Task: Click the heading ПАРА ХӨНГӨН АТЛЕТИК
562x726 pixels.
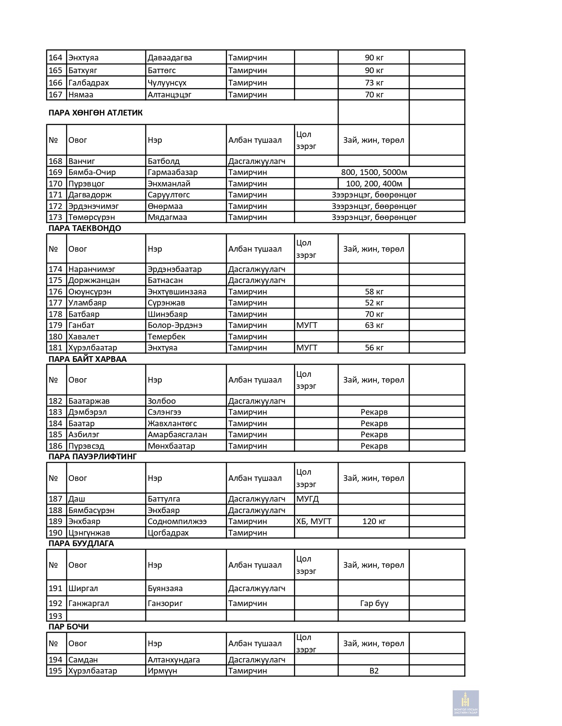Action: [96, 113]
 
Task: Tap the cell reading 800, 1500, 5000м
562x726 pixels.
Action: [374, 172]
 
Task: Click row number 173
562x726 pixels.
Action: [56, 217]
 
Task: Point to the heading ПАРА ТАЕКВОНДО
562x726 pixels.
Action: [85, 228]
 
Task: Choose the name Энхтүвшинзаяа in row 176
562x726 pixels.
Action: [177, 292]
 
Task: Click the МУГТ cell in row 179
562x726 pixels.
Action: [307, 325]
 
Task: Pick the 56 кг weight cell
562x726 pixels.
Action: [374, 348]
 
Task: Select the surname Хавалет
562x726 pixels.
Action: [84, 337]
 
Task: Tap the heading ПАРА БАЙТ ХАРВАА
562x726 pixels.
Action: [87, 359]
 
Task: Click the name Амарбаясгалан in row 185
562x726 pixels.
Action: [177, 435]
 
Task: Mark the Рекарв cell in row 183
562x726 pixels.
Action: [374, 412]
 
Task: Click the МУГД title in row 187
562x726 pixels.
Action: [307, 499]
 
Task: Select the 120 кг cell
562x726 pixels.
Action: [374, 521]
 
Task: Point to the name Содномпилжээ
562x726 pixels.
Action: [177, 521]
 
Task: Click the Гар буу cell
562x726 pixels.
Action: [374, 603]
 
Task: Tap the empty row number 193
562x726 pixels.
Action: [56, 616]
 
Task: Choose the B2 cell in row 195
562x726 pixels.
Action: [374, 671]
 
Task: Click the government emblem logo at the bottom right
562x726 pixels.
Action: [465, 703]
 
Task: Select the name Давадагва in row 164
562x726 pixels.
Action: [170, 58]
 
